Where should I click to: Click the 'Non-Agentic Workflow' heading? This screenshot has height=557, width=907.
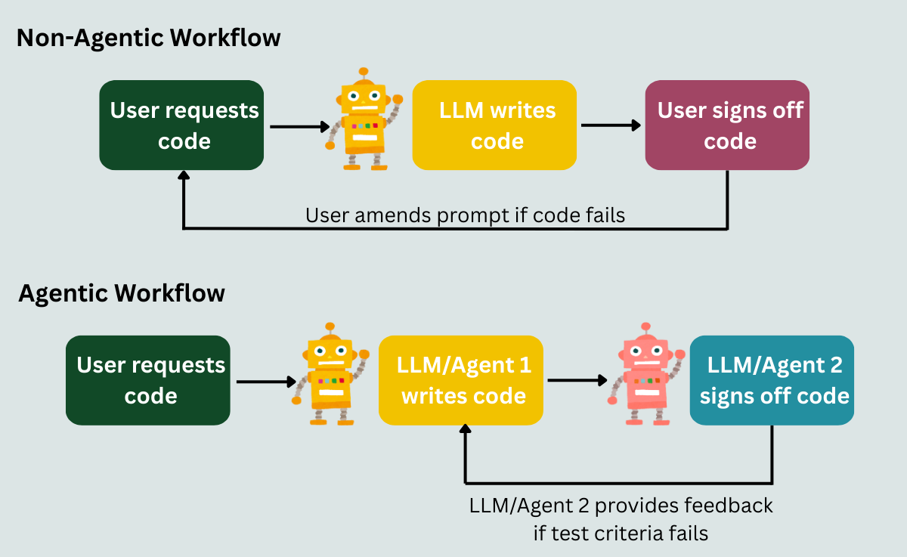point(148,38)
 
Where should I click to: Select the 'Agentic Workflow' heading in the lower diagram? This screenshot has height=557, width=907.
point(121,292)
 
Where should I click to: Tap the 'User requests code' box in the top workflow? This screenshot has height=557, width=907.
point(181,125)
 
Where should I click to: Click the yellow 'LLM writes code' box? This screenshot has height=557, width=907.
point(494,125)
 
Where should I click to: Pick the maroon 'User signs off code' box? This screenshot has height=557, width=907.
point(727,125)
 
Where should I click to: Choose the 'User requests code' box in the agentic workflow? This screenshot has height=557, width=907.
point(148,380)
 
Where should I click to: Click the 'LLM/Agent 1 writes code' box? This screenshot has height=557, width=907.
point(461,380)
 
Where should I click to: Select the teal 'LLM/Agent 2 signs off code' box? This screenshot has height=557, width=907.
point(772,380)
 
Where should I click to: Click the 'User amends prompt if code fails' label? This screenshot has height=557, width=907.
point(465,215)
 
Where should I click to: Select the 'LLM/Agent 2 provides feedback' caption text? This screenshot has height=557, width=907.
point(621,505)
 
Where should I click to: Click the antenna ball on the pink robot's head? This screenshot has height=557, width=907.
point(645,326)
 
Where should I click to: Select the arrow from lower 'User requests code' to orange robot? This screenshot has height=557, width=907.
point(268,381)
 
